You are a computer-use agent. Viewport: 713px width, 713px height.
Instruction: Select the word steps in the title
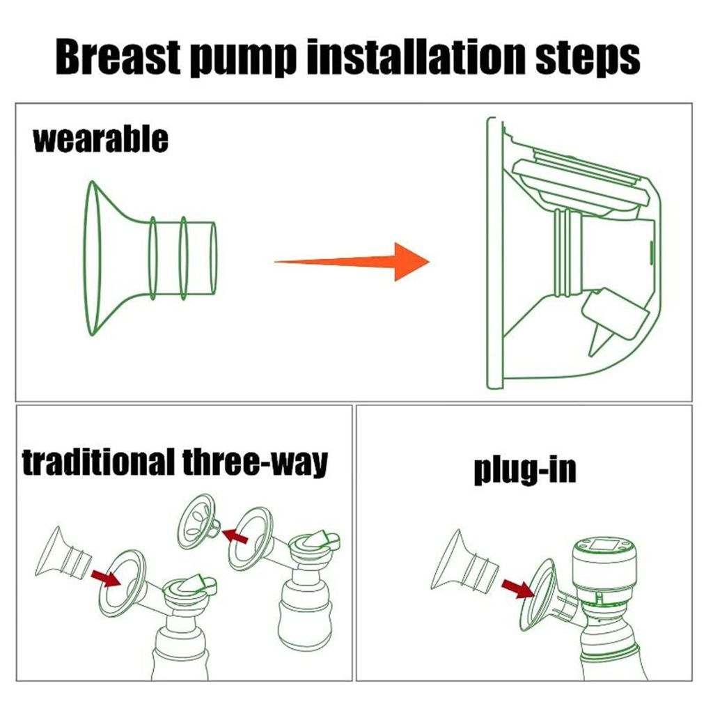click(588, 59)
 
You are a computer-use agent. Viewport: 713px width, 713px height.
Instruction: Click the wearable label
click(100, 139)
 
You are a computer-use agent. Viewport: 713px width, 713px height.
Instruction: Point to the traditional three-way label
click(175, 462)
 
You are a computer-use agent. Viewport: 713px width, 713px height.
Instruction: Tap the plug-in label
click(525, 470)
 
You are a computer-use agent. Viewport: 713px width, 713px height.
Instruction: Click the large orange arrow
click(352, 262)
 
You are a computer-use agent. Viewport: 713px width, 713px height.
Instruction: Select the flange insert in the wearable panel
click(150, 258)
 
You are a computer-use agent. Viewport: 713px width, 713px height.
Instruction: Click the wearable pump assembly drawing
click(574, 253)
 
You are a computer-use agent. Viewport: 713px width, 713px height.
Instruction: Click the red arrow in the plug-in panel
click(518, 590)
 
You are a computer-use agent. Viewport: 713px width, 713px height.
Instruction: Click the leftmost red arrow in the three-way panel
click(106, 579)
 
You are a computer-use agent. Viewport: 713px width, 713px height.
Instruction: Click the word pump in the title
click(243, 59)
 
